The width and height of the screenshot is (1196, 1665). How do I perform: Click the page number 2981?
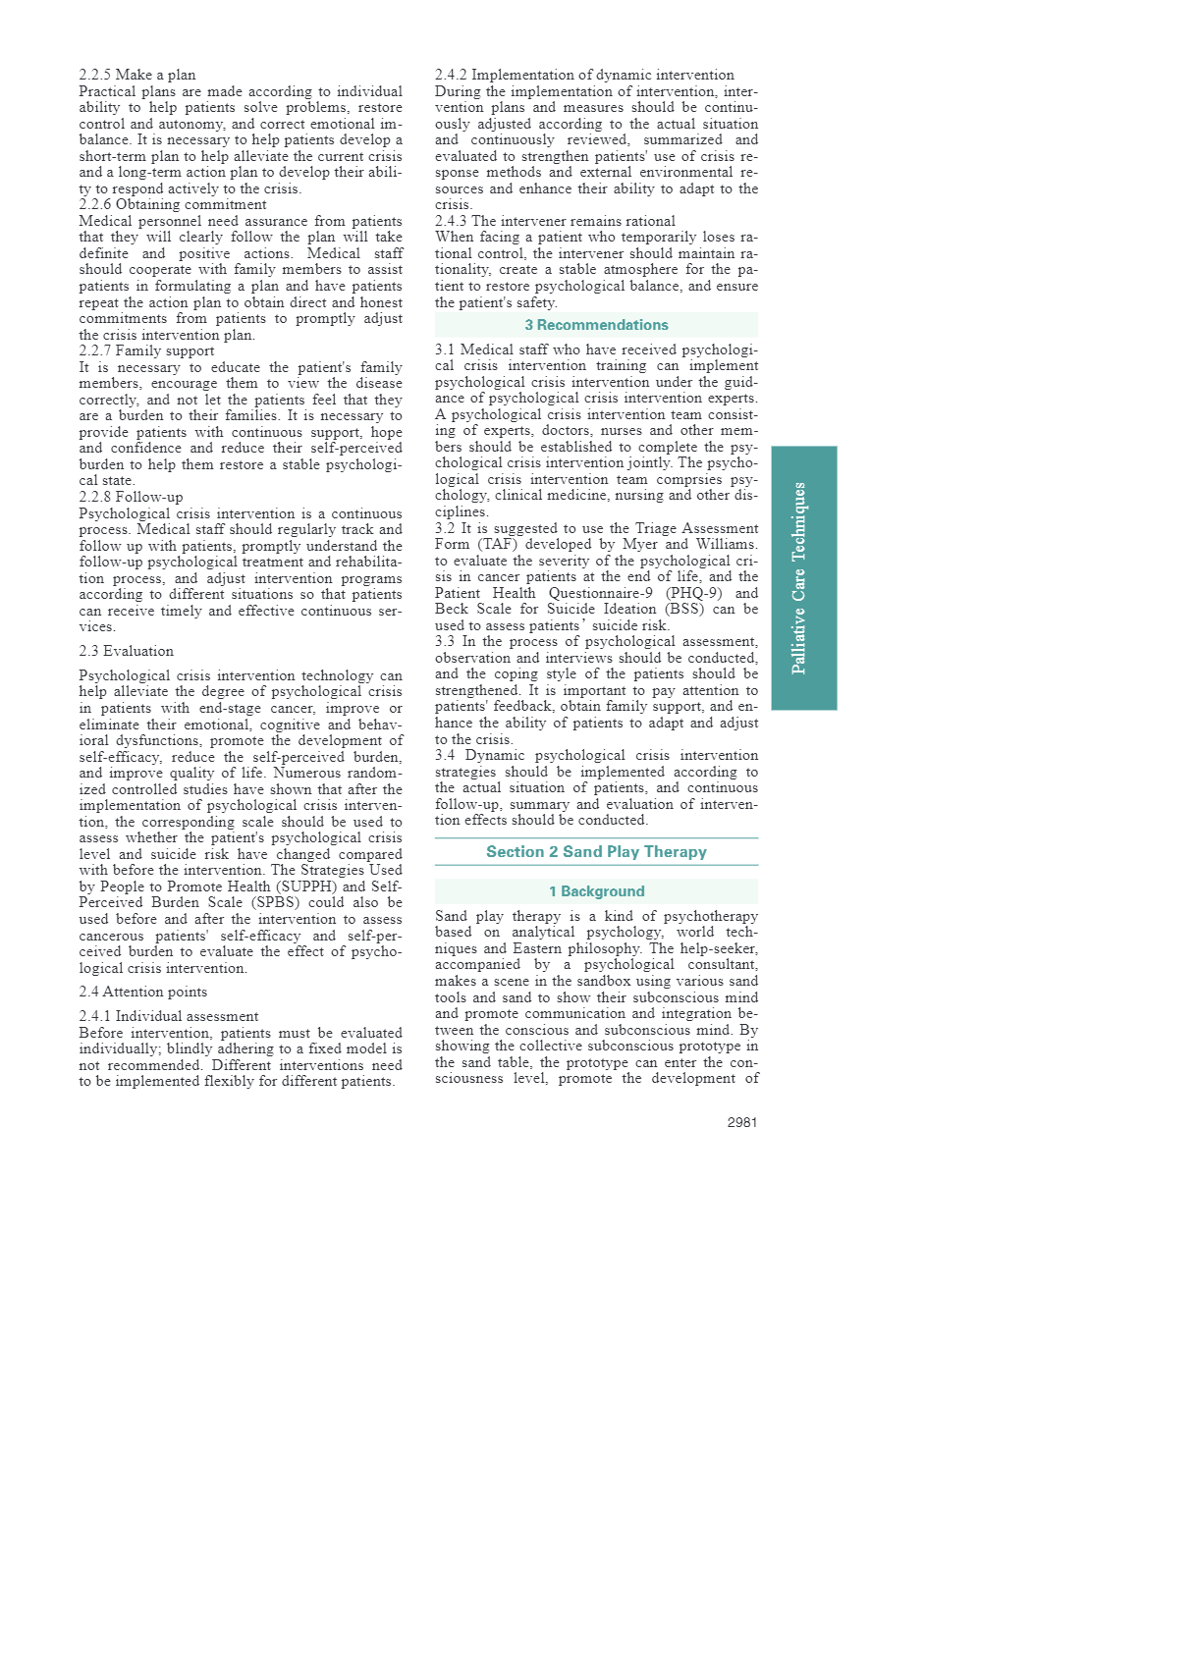(x=741, y=1122)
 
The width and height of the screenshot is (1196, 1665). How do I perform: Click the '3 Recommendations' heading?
(x=596, y=325)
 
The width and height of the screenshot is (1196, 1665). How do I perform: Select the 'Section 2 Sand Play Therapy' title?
(x=596, y=852)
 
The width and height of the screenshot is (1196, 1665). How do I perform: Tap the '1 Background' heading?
(x=596, y=891)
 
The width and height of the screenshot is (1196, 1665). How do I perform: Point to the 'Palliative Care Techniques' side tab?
(x=803, y=577)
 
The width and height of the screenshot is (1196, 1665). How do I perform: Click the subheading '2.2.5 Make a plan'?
(x=137, y=75)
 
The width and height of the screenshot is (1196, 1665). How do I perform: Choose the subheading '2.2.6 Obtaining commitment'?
(x=173, y=204)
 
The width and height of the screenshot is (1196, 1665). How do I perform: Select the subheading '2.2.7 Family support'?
(x=146, y=350)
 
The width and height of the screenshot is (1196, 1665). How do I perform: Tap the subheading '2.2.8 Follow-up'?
(x=131, y=497)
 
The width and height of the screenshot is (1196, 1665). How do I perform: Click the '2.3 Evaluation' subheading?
(x=126, y=651)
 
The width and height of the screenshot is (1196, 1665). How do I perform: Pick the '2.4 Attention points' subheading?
(x=143, y=992)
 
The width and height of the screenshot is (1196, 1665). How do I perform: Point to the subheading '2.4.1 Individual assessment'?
(x=169, y=1016)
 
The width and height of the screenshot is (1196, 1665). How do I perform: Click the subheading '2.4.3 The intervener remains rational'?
(x=555, y=221)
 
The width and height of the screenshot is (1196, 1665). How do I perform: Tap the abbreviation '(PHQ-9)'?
(x=693, y=593)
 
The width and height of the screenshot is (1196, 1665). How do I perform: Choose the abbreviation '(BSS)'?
(x=685, y=609)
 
